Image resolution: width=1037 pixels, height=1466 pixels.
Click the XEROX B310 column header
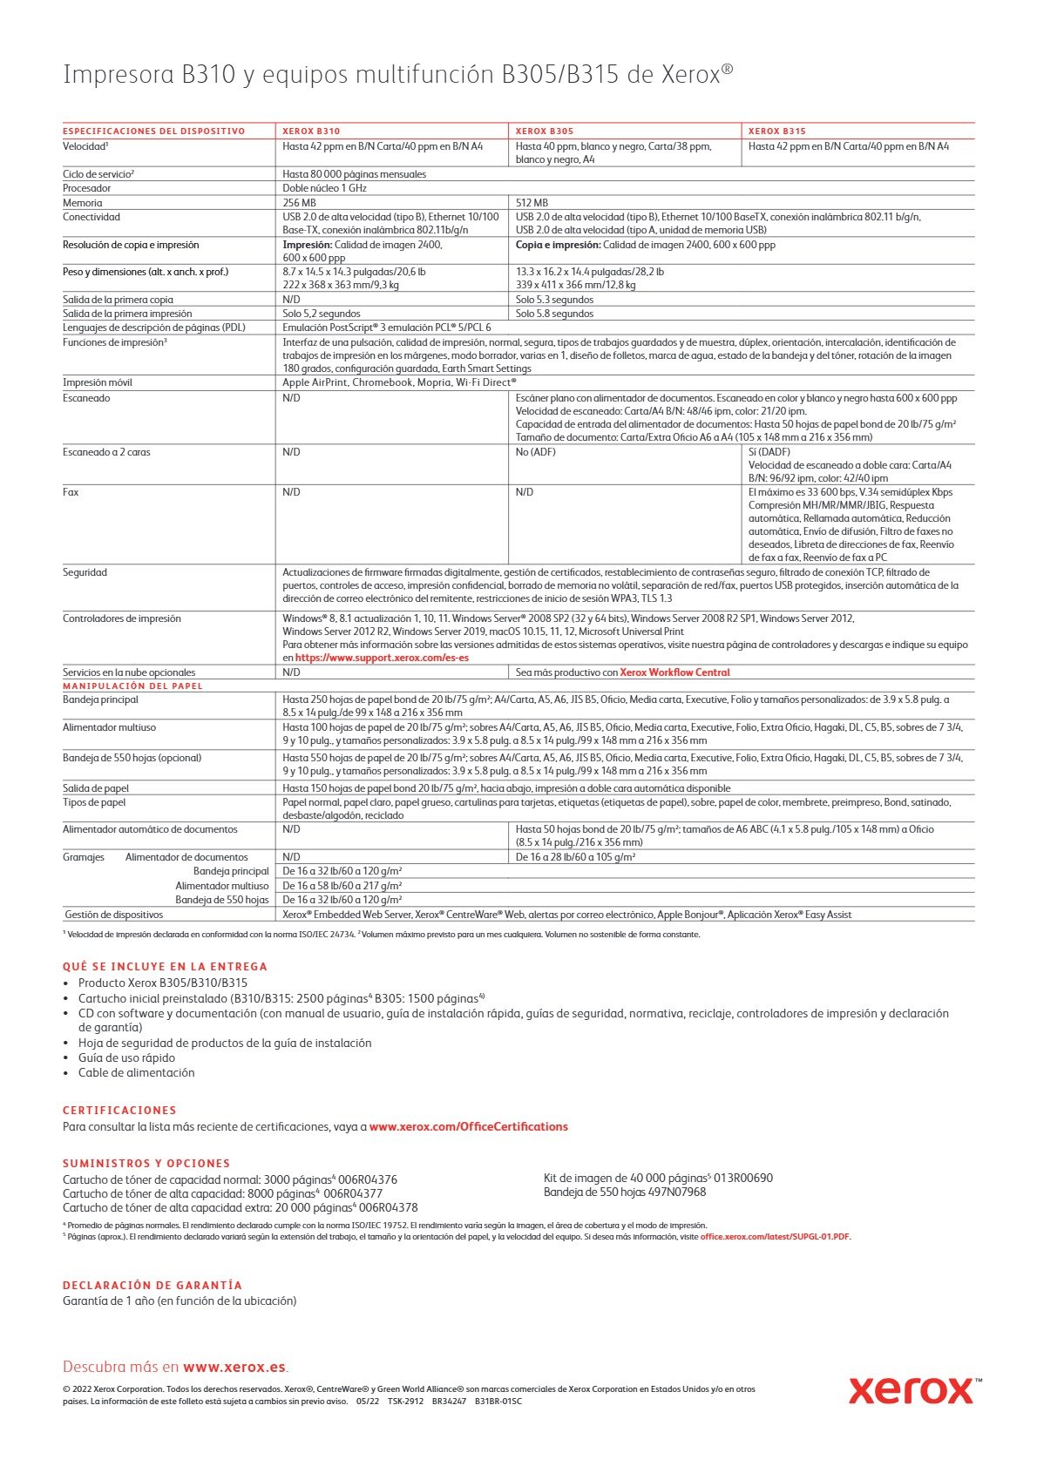pyautogui.click(x=311, y=132)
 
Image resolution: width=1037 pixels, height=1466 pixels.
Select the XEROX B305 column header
pyautogui.click(x=545, y=132)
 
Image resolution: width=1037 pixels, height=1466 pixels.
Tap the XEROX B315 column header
pyautogui.click(x=777, y=132)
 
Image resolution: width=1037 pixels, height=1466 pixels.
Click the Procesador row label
pyautogui.click(x=87, y=188)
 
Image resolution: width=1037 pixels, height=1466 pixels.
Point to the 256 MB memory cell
pyautogui.click(x=299, y=203)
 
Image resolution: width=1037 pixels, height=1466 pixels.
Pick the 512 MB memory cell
pyautogui.click(x=532, y=203)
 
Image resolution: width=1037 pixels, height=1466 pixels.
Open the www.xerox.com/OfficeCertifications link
pyautogui.click(x=468, y=1126)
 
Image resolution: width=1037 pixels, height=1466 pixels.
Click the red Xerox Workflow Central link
pyautogui.click(x=674, y=672)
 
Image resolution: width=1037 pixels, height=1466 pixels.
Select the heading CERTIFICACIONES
pyautogui.click(x=119, y=1111)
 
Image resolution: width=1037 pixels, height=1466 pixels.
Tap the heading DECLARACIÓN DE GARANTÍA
pyautogui.click(x=152, y=1285)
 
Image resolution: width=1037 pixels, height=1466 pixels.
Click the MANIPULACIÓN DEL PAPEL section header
pyautogui.click(x=132, y=686)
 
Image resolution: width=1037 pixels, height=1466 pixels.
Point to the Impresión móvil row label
pyautogui.click(x=98, y=382)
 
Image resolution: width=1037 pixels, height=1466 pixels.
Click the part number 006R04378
pyautogui.click(x=388, y=1208)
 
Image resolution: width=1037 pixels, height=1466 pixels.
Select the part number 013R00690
pyautogui.click(x=743, y=1179)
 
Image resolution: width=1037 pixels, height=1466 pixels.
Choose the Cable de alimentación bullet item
pyautogui.click(x=136, y=1072)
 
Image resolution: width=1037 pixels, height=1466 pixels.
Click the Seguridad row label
pyautogui.click(x=85, y=572)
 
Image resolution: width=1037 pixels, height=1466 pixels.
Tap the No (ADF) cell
pyautogui.click(x=535, y=452)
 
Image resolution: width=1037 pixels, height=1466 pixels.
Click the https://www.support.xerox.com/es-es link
pyautogui.click(x=382, y=658)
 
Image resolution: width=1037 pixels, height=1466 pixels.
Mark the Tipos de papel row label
pyautogui.click(x=94, y=802)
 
